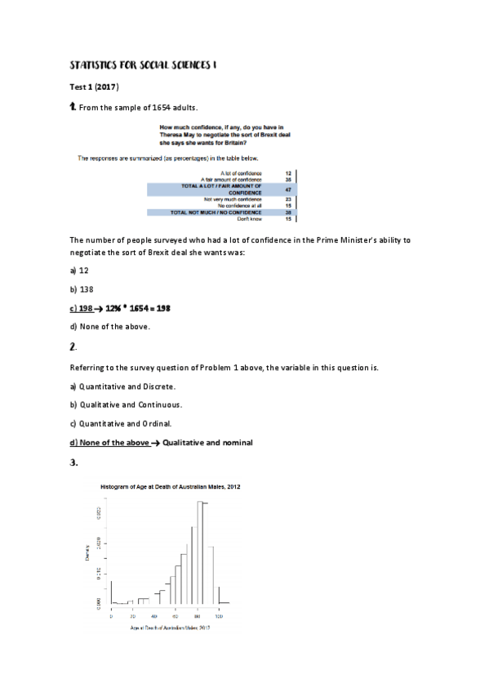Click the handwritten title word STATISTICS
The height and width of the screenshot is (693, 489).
pos(92,64)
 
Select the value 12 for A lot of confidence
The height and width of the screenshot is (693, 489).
pos(288,173)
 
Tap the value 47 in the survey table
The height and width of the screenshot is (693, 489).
pos(288,189)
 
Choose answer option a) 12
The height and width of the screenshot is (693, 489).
pos(80,269)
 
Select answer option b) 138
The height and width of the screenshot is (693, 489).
pos(82,288)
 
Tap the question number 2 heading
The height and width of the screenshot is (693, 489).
pos(73,347)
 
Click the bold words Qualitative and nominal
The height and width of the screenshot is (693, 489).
pos(208,442)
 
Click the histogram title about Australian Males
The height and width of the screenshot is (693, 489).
pos(170,486)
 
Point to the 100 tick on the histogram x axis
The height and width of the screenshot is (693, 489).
pos(219,615)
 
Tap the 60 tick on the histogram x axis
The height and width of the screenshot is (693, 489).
pos(164,615)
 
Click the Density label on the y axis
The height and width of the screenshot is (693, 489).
pos(87,554)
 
